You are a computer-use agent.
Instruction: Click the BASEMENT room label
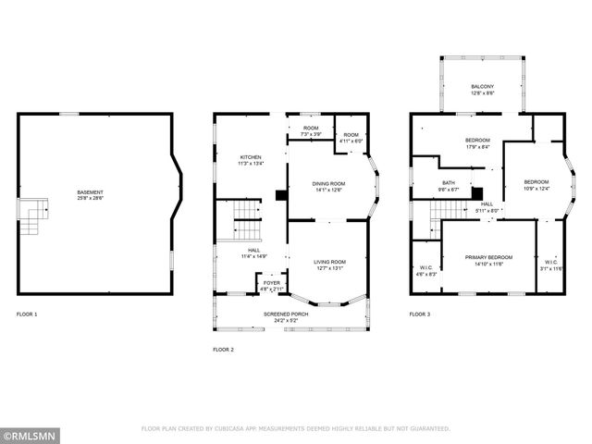pyautogui.click(x=90, y=192)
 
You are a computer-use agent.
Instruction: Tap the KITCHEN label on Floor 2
pyautogui.click(x=251, y=157)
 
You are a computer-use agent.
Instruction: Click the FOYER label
pyautogui.click(x=271, y=283)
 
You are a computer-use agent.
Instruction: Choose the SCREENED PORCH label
pyautogui.click(x=286, y=314)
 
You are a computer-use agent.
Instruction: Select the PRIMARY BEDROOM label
pyautogui.click(x=488, y=257)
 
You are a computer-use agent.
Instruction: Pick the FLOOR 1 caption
pyautogui.click(x=27, y=314)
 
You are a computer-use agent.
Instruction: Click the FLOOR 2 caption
pyautogui.click(x=223, y=350)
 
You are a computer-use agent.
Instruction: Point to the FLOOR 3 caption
pyautogui.click(x=420, y=314)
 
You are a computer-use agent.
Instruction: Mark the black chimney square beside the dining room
pyautogui.click(x=280, y=195)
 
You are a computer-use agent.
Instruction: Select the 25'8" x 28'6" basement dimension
pyautogui.click(x=90, y=199)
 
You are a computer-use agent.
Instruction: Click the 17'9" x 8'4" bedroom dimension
pyautogui.click(x=477, y=145)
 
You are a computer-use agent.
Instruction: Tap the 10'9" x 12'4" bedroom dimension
pyautogui.click(x=536, y=189)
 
